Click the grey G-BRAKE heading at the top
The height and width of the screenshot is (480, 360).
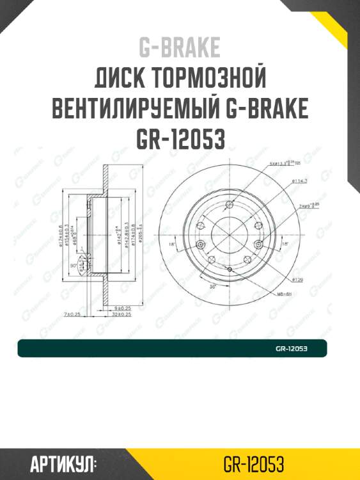tap(179, 48)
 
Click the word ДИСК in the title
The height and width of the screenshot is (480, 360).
tap(120, 79)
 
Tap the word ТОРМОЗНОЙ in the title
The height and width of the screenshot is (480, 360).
tap(210, 79)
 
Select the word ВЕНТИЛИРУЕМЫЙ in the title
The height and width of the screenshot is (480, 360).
tap(139, 110)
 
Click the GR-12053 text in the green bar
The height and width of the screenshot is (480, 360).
tap(292, 349)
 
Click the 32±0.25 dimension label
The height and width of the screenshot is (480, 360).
tap(121, 315)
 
